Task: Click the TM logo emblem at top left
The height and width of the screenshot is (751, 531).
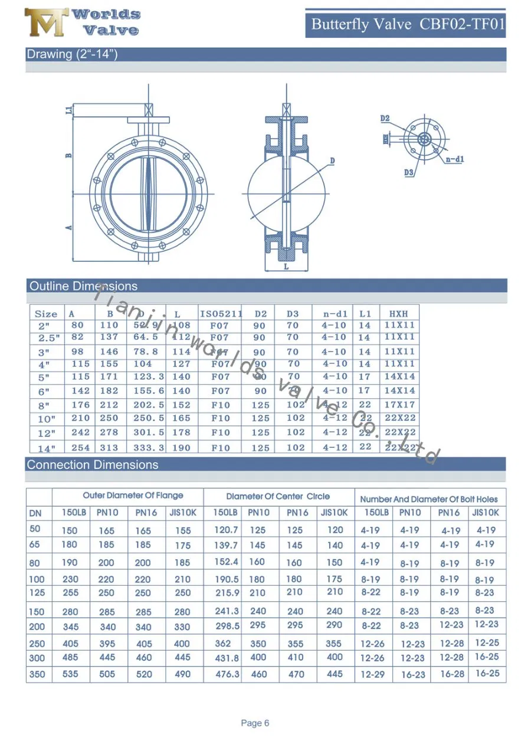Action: click(x=46, y=23)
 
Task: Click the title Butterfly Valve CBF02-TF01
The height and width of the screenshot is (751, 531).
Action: click(x=408, y=24)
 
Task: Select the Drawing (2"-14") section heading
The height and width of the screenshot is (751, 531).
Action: click(x=72, y=54)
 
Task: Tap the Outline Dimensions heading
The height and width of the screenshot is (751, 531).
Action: click(x=83, y=286)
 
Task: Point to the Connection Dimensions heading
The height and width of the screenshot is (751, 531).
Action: click(x=93, y=465)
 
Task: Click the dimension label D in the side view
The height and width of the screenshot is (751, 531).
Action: click(x=332, y=160)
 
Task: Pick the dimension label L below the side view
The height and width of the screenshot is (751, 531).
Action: click(x=286, y=267)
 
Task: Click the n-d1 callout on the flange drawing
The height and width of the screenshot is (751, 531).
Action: click(x=454, y=159)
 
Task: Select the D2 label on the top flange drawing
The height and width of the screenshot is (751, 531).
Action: click(x=385, y=119)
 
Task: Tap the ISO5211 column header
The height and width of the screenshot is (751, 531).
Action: click(x=220, y=314)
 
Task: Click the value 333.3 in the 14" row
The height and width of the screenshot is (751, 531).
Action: click(x=149, y=448)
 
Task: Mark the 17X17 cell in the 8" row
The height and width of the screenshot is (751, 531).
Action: click(x=399, y=405)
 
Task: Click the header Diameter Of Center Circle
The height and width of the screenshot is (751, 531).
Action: click(x=278, y=496)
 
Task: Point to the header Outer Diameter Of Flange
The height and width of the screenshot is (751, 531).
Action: click(x=133, y=496)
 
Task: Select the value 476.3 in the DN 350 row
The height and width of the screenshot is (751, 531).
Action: click(x=227, y=674)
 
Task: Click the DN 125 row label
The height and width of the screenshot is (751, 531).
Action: click(x=37, y=592)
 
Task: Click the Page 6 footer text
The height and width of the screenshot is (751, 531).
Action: click(x=255, y=723)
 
